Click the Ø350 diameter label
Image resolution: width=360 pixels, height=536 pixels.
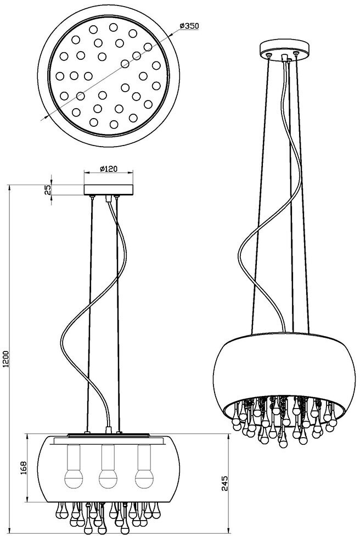(189, 26)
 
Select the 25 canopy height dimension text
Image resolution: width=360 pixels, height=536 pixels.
(48, 189)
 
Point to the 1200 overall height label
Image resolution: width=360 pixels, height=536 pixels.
(6, 360)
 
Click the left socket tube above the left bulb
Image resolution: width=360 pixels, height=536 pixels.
(72, 456)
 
